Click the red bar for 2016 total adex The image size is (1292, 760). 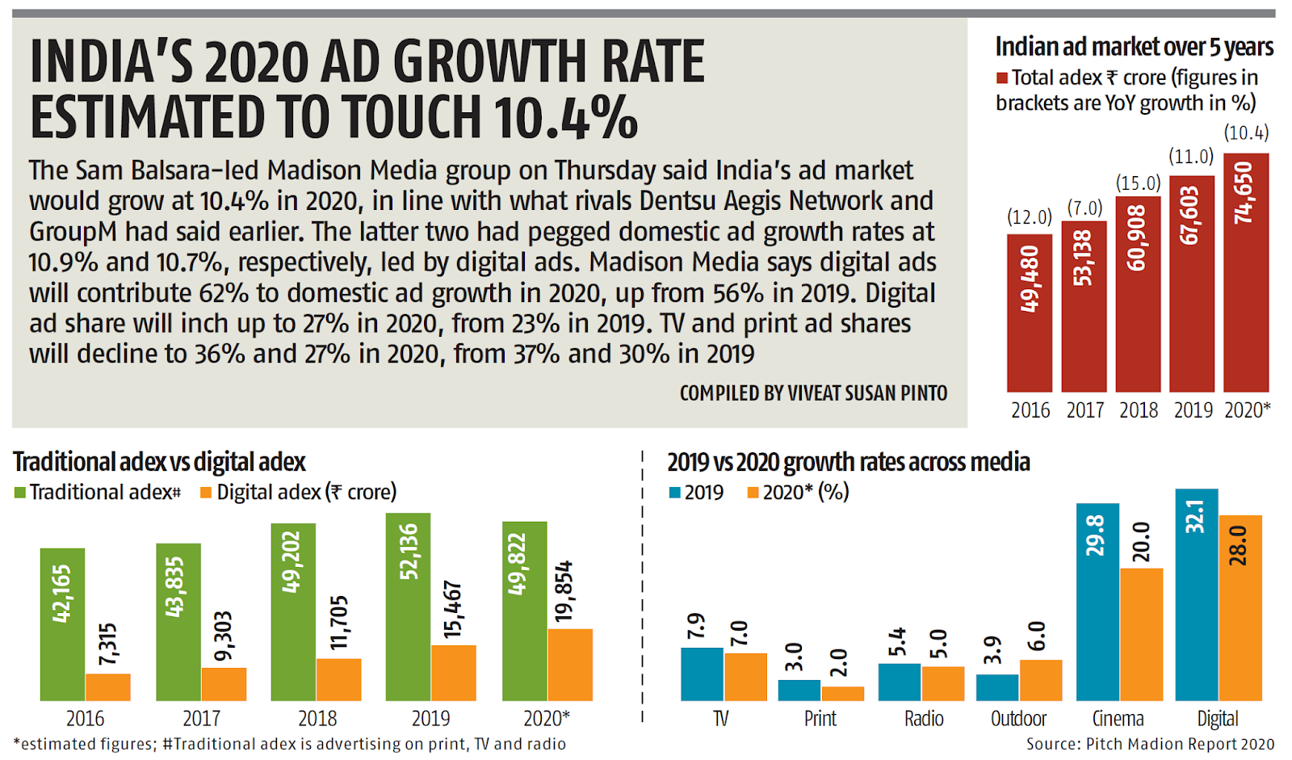[1029, 313]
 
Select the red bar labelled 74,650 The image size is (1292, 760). [1245, 272]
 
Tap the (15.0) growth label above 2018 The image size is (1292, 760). [1138, 183]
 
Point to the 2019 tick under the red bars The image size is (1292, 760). [1193, 410]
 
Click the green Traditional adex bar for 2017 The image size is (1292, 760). [178, 621]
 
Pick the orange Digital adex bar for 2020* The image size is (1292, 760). [570, 664]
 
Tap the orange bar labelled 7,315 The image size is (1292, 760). [108, 687]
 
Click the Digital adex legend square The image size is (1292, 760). [206, 493]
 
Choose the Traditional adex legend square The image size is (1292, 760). [20, 493]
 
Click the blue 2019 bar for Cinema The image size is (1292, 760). [1097, 602]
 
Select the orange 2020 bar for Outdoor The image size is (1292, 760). [1040, 679]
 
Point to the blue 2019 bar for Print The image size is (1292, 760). [799, 690]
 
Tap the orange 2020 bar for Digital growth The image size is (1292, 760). [1240, 607]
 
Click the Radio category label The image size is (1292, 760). [923, 719]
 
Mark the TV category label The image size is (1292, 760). [720, 719]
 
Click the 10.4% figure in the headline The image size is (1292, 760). [566, 117]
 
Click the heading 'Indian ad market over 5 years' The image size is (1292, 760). [1134, 47]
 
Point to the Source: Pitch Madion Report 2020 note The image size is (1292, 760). [1150, 744]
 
